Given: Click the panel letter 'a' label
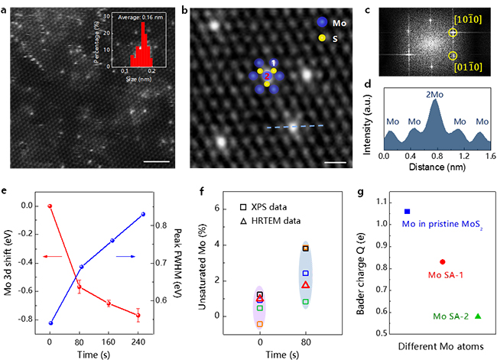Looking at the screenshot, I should coord(5,7).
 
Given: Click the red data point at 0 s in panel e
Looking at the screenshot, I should coord(50,206).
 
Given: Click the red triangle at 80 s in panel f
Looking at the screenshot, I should coord(306,284).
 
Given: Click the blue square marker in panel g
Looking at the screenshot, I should coord(408,211).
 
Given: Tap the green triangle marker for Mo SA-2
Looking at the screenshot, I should coord(479,316).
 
